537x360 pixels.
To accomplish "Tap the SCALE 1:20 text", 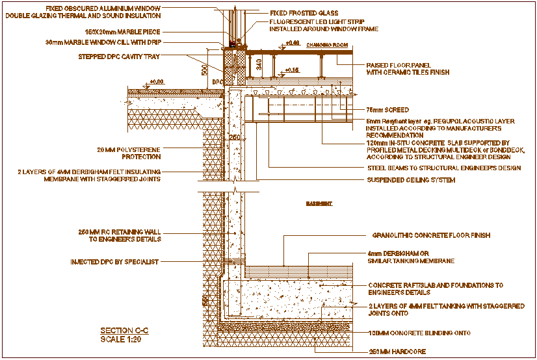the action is point(120,339).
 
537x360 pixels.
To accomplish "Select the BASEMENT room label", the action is point(319,204).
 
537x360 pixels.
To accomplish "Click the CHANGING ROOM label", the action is point(327,45).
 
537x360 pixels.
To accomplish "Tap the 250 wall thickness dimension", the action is point(234,138).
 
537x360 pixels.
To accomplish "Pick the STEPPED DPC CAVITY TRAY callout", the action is point(118,57).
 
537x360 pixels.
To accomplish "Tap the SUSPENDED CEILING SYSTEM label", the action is point(411,180).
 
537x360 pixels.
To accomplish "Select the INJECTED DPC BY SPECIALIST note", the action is point(114,262).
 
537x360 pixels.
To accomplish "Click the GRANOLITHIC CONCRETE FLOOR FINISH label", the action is point(431,235).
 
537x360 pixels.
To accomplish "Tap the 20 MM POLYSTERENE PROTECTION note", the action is point(129,153).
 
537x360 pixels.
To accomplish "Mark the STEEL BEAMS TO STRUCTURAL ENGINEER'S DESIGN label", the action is point(444,168).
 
